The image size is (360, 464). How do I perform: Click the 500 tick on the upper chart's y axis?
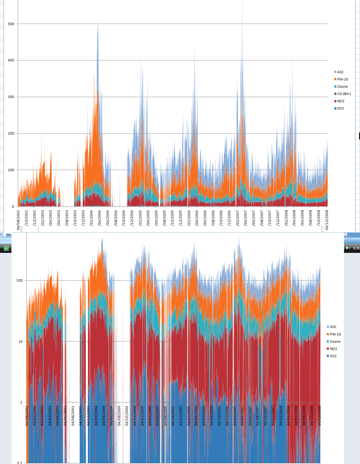click(11, 24)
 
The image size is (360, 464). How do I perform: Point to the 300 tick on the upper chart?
click(11, 97)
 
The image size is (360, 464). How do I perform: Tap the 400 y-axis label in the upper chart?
click(11, 60)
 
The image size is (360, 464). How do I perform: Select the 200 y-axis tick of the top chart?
click(11, 133)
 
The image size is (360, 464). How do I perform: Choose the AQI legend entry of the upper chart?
click(340, 72)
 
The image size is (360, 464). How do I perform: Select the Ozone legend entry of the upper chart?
click(342, 87)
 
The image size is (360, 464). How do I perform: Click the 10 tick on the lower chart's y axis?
click(20, 341)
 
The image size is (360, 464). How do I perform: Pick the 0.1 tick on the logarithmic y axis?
click(20, 462)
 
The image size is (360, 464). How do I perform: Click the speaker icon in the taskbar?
click(348, 248)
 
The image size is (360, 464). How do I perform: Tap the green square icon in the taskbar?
click(6, 248)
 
